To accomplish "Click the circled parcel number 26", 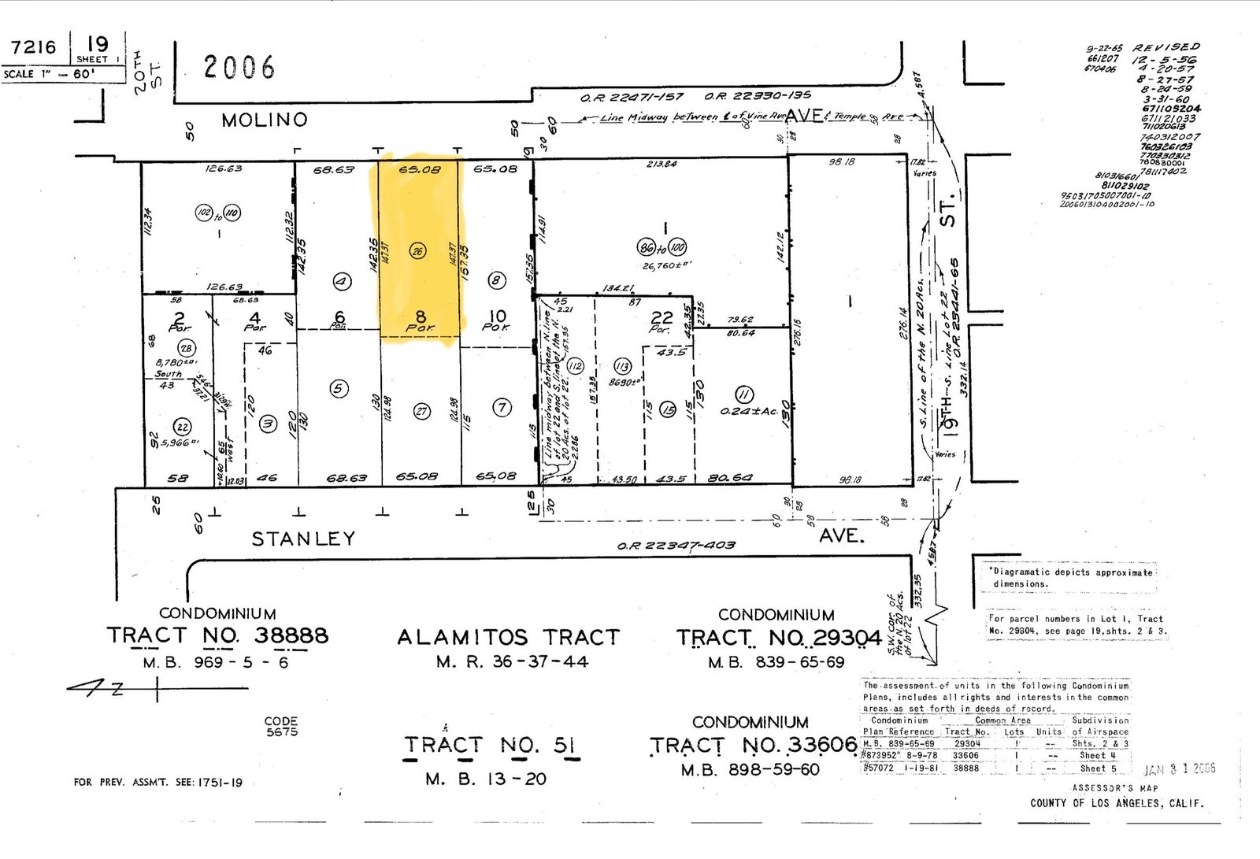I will point(417,251).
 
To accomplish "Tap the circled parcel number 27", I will point(422,411).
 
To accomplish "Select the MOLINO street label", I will point(264,120).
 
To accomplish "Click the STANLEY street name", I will point(303,539).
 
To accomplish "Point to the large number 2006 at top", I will point(239,68).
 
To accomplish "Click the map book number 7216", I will point(34,47).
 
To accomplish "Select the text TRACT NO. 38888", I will point(217,635).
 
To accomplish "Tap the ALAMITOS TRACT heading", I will point(508,637).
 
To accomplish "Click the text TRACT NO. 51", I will point(491,745).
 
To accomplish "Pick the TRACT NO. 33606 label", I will point(753,745).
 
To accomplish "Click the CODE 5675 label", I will point(281,726).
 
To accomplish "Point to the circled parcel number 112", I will point(576,365).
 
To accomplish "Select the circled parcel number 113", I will point(622,366).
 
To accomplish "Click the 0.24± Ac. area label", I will point(748,411).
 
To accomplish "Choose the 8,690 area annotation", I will point(626,382).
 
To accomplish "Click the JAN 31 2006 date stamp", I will point(1179,768).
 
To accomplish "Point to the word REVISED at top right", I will point(1166,47).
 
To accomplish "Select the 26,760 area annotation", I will point(665,266).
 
